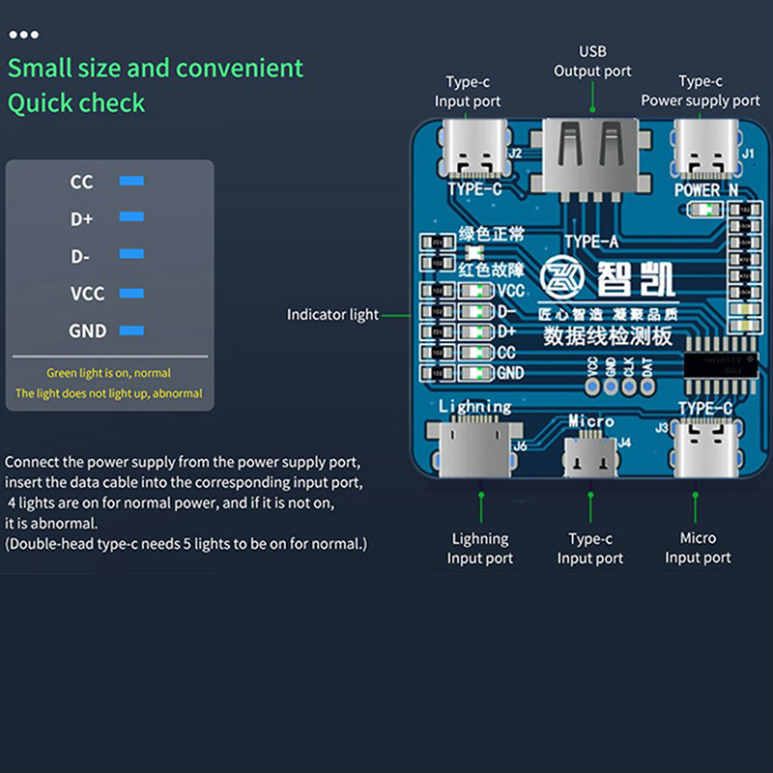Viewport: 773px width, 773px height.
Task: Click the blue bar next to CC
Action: tap(131, 181)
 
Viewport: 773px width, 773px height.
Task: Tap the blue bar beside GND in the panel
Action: tap(131, 330)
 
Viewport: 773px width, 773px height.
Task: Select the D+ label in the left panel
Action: tap(81, 219)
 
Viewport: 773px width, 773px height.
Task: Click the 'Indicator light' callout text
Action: tap(332, 315)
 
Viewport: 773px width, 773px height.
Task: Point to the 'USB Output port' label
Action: tap(592, 61)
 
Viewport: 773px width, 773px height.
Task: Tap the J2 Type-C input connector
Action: tap(474, 150)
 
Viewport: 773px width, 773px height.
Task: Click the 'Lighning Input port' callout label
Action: tap(480, 548)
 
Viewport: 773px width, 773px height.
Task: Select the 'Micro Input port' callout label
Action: tap(698, 547)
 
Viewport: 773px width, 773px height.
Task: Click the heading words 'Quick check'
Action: tap(76, 102)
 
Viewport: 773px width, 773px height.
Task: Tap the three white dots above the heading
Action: tap(23, 35)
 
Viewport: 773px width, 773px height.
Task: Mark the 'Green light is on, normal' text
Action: tap(109, 373)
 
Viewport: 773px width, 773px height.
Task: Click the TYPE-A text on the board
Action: tap(592, 242)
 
